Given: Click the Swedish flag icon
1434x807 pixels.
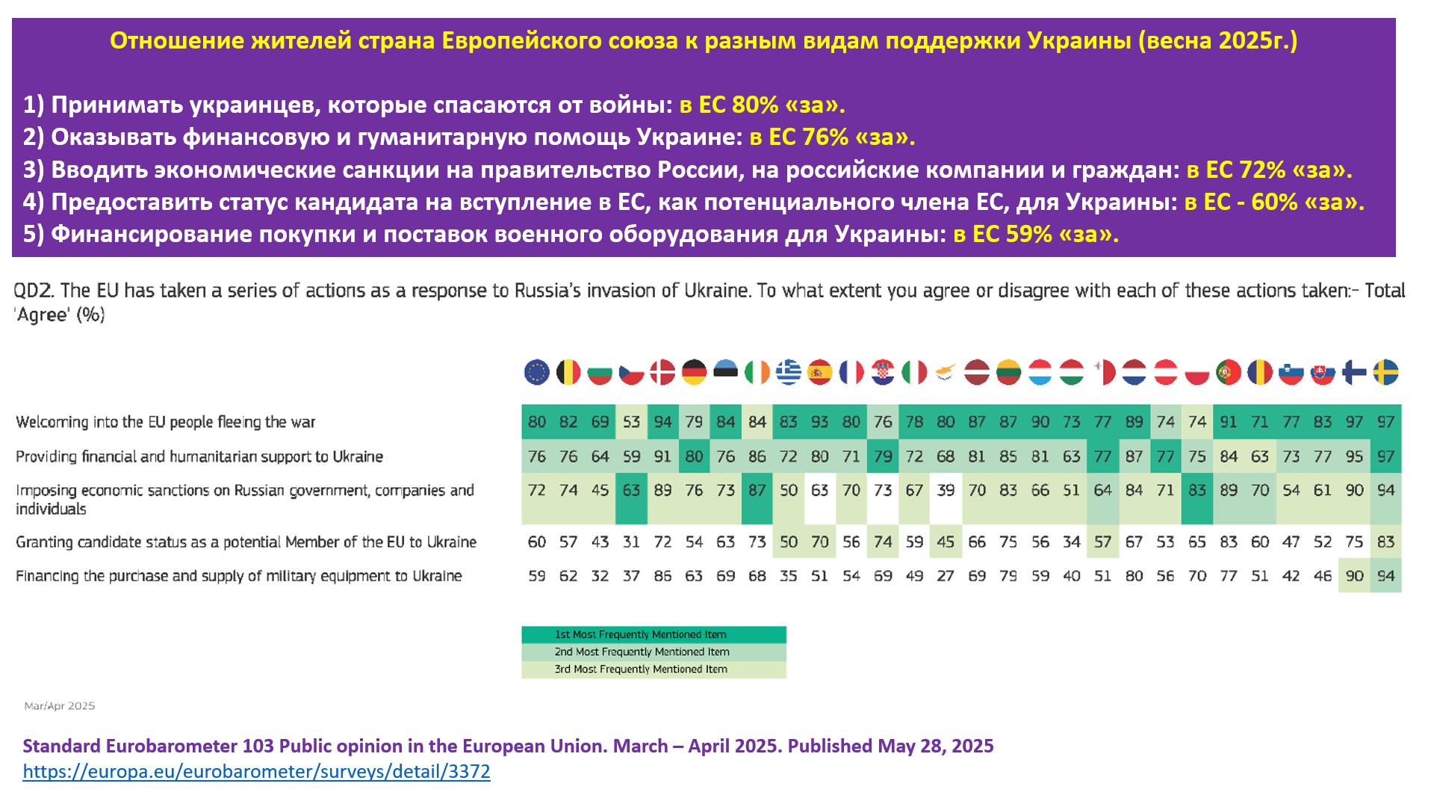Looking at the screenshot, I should click(x=1386, y=372).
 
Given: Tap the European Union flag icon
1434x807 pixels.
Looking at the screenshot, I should click(x=537, y=372).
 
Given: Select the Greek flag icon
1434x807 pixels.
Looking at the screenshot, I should click(x=789, y=372).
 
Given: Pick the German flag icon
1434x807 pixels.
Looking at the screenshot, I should click(x=695, y=372).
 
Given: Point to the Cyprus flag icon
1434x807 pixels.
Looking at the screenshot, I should click(x=946, y=372).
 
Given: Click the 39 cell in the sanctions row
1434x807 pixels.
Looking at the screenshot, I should click(x=946, y=491).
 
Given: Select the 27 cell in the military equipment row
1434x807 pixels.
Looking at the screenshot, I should click(x=946, y=576).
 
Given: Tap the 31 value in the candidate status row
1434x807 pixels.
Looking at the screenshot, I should click(x=632, y=542).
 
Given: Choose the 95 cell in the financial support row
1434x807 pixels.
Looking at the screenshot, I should click(x=1354, y=457).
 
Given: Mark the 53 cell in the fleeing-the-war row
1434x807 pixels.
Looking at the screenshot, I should click(x=632, y=422).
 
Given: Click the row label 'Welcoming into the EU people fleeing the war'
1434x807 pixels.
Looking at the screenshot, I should click(x=166, y=422).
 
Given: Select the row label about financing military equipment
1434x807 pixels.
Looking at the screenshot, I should click(x=239, y=576).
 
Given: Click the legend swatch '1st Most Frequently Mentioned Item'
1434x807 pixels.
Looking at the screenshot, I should click(x=654, y=634).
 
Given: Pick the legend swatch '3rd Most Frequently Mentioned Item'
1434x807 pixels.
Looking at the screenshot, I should click(x=654, y=670).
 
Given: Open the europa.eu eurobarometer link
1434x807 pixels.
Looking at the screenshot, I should click(x=256, y=772).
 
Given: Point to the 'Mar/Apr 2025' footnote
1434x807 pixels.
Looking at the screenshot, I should click(x=60, y=706).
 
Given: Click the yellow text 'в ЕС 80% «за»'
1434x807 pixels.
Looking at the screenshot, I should click(x=762, y=105).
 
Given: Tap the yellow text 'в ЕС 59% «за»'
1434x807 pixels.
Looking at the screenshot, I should click(x=1036, y=235).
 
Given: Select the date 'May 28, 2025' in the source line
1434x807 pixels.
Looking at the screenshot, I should click(x=935, y=746).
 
